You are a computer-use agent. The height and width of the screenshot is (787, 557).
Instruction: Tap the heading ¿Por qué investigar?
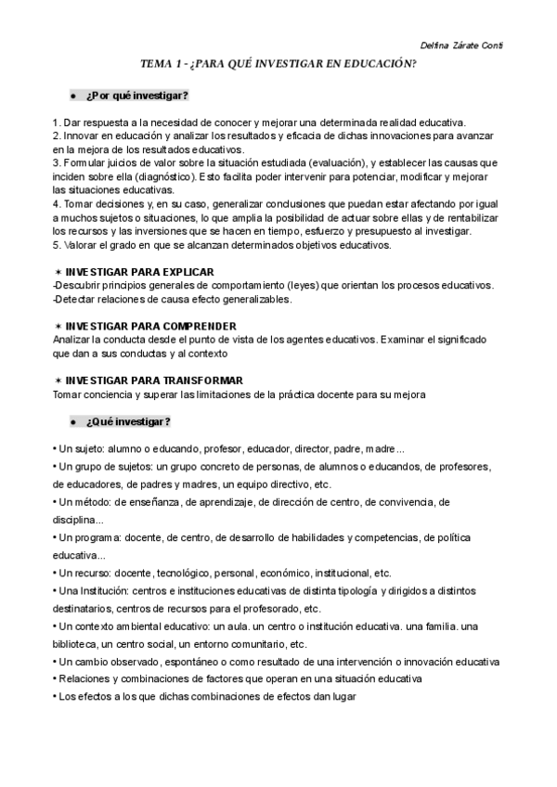pos(136,97)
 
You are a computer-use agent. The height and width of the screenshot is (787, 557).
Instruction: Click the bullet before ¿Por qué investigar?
pos(72,97)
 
